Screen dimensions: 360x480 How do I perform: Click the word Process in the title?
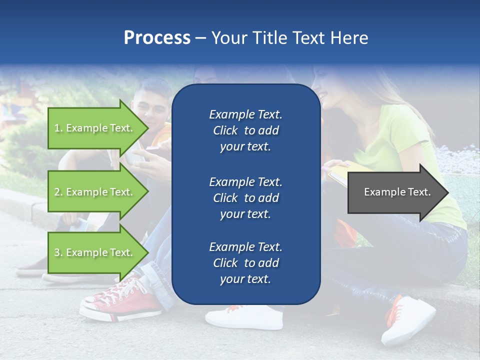pos(157,38)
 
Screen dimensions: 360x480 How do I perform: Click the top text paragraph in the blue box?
pos(245,130)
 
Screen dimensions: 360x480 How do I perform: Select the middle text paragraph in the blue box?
pos(245,198)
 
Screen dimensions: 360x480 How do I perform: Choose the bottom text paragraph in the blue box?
pos(245,263)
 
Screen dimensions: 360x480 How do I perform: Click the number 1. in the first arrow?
pos(58,128)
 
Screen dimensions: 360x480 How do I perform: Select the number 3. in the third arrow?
pos(58,252)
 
